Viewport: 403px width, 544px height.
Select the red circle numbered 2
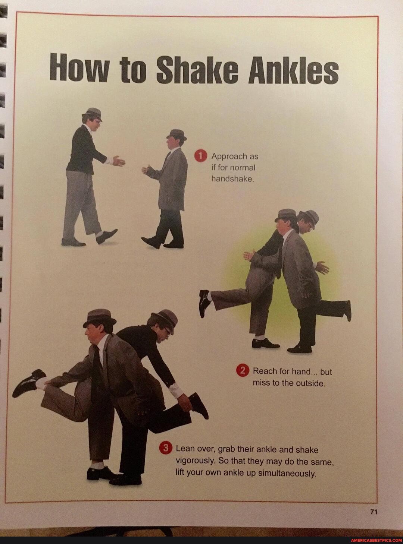[243, 371]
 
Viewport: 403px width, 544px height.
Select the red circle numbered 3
[165, 450]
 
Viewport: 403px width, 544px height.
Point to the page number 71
[374, 512]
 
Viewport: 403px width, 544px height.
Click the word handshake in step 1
[232, 178]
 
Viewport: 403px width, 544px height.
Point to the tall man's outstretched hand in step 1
[119, 161]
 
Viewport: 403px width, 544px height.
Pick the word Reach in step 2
[264, 371]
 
